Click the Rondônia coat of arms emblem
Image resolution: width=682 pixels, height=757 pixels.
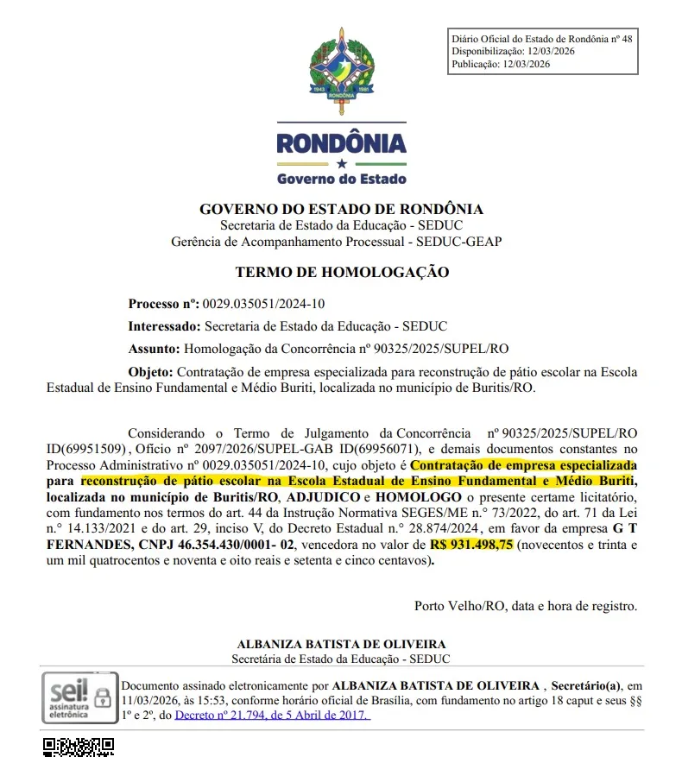pos(341,68)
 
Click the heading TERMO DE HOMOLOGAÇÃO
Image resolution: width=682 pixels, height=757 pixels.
pos(342,273)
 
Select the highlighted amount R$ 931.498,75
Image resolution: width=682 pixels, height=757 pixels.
pos(471,546)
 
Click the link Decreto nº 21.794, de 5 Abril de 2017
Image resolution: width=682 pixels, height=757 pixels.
pos(272,716)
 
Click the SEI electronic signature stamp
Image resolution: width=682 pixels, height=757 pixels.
pos(78,697)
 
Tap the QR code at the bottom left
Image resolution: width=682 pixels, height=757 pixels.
pos(79,747)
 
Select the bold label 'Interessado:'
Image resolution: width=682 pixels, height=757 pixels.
pos(163,326)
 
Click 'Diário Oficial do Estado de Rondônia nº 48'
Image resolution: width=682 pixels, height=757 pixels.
pos(542,39)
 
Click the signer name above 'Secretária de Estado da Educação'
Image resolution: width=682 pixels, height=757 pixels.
pos(341,645)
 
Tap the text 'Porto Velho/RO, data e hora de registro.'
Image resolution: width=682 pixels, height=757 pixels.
pos(526,605)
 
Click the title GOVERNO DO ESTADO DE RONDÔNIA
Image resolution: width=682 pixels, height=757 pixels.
pos(341,210)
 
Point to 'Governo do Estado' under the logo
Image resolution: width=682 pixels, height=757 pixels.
pos(341,179)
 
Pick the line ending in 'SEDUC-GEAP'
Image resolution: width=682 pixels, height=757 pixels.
pos(336,242)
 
